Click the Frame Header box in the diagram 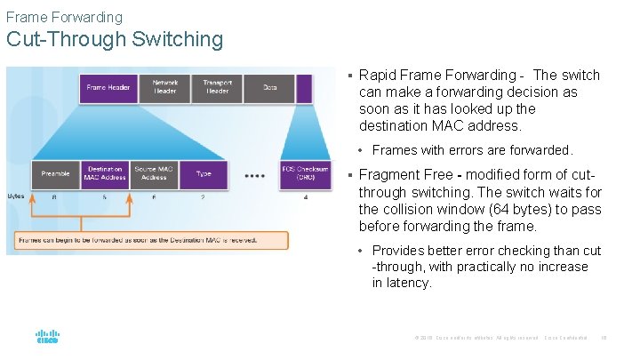tap(108, 87)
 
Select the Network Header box tap(164, 87)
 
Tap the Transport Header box tap(217, 87)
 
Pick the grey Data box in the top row tap(270, 87)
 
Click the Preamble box tap(55, 173)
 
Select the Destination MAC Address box tap(105, 173)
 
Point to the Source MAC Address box tap(154, 173)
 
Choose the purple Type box tap(204, 173)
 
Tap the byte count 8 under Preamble tap(55, 197)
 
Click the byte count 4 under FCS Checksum tap(305, 197)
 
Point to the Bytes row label tap(16, 196)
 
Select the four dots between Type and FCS tap(254, 175)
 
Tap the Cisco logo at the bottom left tap(46, 338)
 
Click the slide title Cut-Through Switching tap(115, 39)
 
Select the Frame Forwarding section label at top tap(64, 17)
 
